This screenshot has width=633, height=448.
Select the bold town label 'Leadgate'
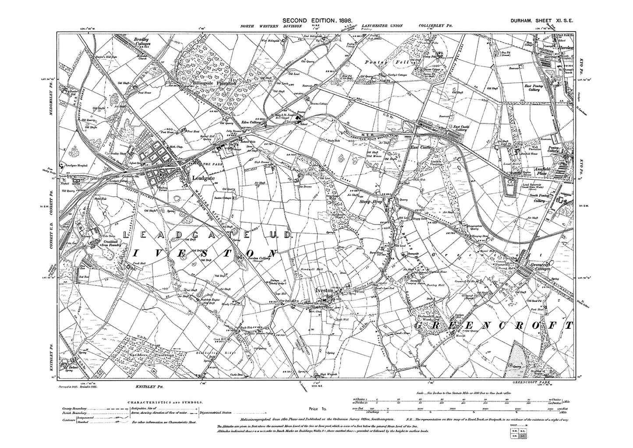(205, 178)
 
